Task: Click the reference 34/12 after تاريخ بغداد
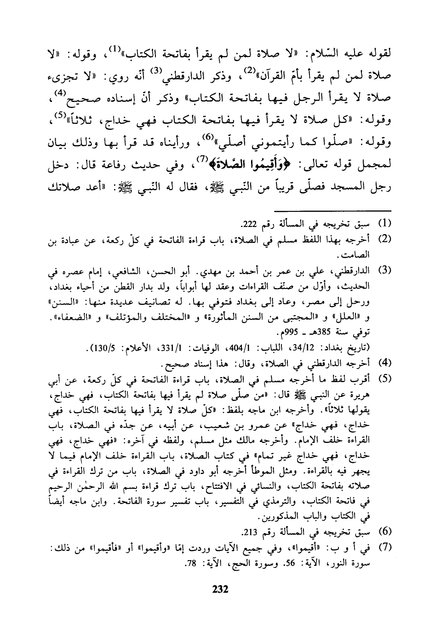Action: tap(312, 348)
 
